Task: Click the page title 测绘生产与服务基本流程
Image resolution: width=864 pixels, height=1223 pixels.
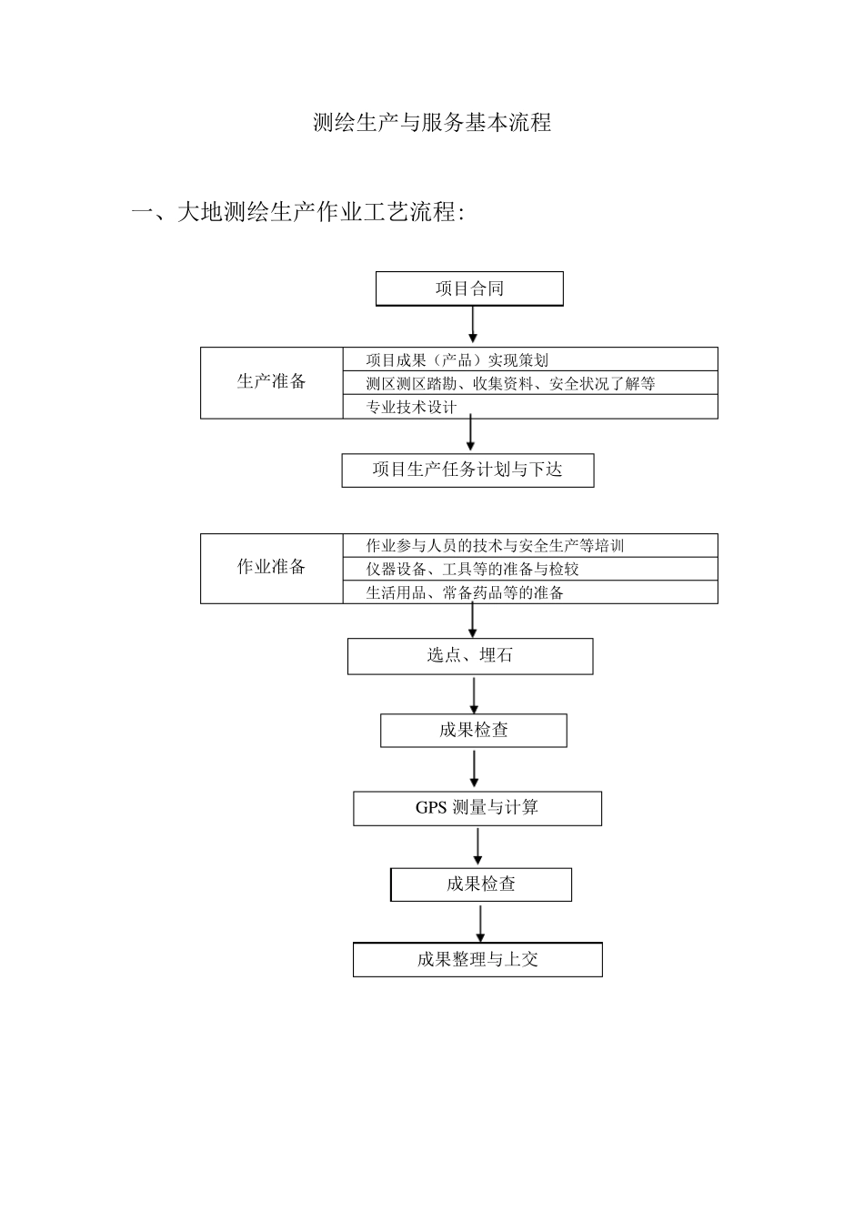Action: point(432,123)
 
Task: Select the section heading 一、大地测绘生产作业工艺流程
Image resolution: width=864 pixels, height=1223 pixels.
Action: point(297,214)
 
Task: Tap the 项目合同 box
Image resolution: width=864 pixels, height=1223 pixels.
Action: point(469,289)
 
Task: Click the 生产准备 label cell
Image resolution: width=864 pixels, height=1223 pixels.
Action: point(271,382)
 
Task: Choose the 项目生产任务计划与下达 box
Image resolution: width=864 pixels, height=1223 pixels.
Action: point(467,470)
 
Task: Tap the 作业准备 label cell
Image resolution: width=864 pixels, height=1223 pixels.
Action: point(271,568)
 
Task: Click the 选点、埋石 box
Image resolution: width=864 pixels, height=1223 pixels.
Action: point(469,655)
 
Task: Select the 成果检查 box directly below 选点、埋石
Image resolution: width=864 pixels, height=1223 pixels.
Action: point(473,730)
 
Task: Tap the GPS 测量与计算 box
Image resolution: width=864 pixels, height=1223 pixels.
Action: point(477,808)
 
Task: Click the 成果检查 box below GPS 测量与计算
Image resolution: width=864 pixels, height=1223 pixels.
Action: point(480,884)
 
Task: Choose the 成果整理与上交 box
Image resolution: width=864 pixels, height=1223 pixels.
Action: point(477,959)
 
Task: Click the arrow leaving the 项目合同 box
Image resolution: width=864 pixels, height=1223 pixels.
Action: point(473,325)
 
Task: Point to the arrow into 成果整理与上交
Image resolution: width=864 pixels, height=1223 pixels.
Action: point(480,923)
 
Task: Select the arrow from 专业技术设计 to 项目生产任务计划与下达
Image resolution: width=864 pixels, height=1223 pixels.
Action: point(470,434)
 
